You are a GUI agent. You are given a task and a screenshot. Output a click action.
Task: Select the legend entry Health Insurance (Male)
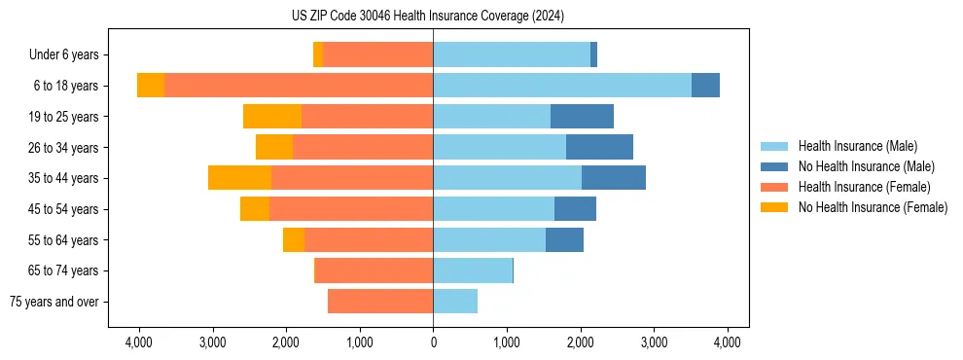click(857, 146)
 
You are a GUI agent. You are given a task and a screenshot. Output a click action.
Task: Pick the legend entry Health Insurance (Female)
click(864, 187)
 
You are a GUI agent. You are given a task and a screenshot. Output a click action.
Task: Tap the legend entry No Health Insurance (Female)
click(873, 207)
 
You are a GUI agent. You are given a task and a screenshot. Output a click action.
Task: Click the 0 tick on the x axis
click(433, 342)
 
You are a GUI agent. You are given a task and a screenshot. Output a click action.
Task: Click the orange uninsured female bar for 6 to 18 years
click(151, 86)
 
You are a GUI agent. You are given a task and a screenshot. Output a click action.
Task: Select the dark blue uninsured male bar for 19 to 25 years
click(582, 117)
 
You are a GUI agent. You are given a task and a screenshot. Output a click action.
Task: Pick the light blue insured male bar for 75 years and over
click(455, 302)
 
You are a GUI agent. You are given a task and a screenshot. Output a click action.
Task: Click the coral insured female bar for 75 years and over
click(380, 302)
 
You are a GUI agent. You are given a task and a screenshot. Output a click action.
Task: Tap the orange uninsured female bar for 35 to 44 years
click(239, 178)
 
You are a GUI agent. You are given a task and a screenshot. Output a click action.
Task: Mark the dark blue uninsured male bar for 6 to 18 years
click(705, 86)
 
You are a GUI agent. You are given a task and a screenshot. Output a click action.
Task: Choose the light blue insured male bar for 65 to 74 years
click(473, 270)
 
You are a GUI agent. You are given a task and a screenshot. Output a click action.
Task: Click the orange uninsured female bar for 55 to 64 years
click(294, 240)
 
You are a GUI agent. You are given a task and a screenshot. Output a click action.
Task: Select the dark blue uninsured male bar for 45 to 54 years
click(575, 209)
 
